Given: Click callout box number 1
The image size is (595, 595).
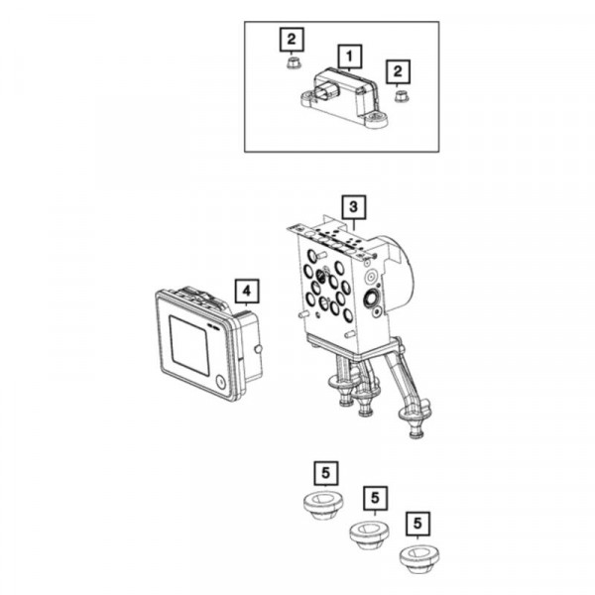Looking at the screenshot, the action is pos(349,57).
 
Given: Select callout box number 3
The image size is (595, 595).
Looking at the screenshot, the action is pos(354,207).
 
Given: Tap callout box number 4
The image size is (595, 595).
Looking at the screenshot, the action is pos(247,291).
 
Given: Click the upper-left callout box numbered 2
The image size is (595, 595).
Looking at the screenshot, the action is pos(292,39).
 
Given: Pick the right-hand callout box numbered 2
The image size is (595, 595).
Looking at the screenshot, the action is pos(398,71).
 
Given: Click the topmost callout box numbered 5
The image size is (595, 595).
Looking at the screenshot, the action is pos(326,473).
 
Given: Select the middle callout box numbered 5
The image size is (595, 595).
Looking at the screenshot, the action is pos(375,498).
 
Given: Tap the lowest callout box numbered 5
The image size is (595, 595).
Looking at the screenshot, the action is pos(417,524).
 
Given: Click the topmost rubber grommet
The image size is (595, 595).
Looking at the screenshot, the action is pos(323,505).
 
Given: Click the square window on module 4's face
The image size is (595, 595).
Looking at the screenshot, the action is pos(189,345).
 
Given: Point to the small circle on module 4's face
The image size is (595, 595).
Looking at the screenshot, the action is pos(220,382).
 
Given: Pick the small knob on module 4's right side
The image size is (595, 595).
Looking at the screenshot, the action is pos(258,349).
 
